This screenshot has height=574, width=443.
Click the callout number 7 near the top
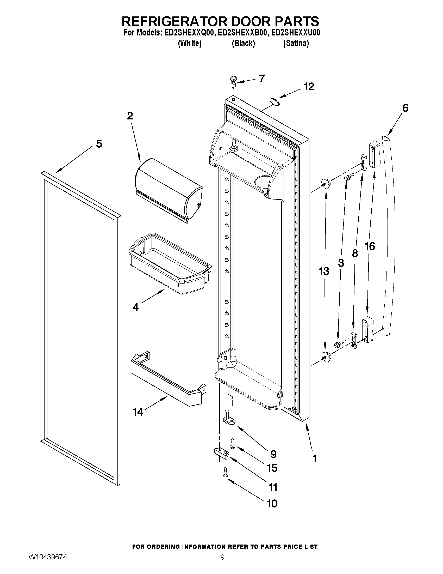[x=262, y=78]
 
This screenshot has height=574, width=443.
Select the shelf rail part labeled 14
[x=168, y=378]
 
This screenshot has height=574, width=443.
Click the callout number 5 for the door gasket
[x=99, y=144]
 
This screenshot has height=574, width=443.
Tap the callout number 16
[x=370, y=246]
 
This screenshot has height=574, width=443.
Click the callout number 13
[x=324, y=271]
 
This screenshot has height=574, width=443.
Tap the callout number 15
[x=272, y=468]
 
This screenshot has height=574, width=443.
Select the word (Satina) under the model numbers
[x=296, y=43]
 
